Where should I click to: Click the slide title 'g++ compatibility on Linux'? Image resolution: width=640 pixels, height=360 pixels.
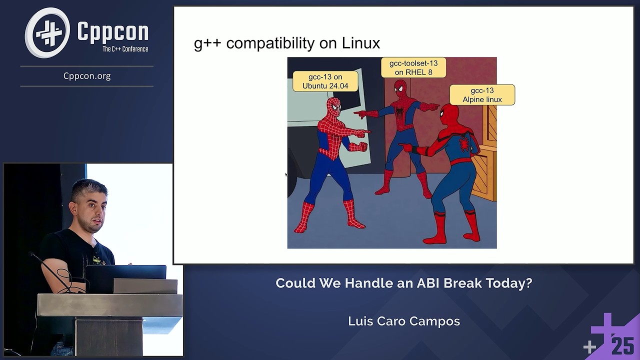coord(286,43)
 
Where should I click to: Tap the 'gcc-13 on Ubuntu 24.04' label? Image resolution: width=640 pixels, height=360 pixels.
coord(325,81)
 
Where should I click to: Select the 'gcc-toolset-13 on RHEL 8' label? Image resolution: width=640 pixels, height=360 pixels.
coord(413,68)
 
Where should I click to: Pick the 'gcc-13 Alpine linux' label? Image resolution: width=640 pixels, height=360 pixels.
coord(482,95)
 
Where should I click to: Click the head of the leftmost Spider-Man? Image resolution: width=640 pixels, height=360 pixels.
coord(333,106)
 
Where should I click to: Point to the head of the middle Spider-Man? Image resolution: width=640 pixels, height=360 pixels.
coord(399,89)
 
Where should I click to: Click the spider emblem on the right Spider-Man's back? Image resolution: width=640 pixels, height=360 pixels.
coord(464,144)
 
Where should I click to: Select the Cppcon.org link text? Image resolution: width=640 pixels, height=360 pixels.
coord(87,76)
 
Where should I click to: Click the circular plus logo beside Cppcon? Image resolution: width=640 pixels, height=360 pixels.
coord(48,32)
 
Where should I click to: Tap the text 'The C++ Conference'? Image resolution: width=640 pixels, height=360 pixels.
coord(125,49)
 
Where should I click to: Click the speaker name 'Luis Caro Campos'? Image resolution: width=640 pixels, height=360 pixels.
coord(403,321)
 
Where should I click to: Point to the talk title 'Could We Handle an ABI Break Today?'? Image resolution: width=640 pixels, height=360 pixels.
coord(403,283)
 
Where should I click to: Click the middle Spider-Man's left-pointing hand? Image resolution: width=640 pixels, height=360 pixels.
coord(359,114)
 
